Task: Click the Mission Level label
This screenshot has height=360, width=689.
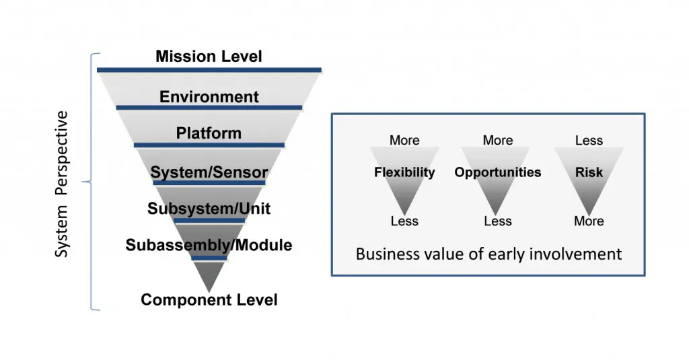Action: [209, 56]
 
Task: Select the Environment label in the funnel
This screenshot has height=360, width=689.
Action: [209, 97]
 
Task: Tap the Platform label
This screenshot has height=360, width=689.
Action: [209, 133]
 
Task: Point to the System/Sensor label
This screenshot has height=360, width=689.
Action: [209, 173]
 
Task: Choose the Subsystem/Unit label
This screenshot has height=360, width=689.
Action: [209, 209]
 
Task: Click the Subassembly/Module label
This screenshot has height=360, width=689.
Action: [209, 245]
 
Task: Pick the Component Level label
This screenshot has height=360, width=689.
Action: [209, 300]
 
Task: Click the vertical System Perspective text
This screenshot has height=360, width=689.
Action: [62, 184]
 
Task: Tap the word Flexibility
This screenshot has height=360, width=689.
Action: [404, 172]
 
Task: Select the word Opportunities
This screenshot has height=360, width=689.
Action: [497, 172]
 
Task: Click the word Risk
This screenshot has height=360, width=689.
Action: [589, 172]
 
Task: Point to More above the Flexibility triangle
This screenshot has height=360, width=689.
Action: [404, 140]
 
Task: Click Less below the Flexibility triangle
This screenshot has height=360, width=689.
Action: [404, 221]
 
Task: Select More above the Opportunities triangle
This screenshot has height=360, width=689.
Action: [498, 140]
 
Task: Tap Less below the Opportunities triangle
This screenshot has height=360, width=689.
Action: [498, 221]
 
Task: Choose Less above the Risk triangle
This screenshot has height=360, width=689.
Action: [589, 140]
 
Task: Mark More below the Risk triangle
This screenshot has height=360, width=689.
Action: [589, 221]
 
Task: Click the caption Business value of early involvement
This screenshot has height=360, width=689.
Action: [488, 254]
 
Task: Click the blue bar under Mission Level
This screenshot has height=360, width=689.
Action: [209, 69]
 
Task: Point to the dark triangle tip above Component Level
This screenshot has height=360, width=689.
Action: [209, 276]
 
